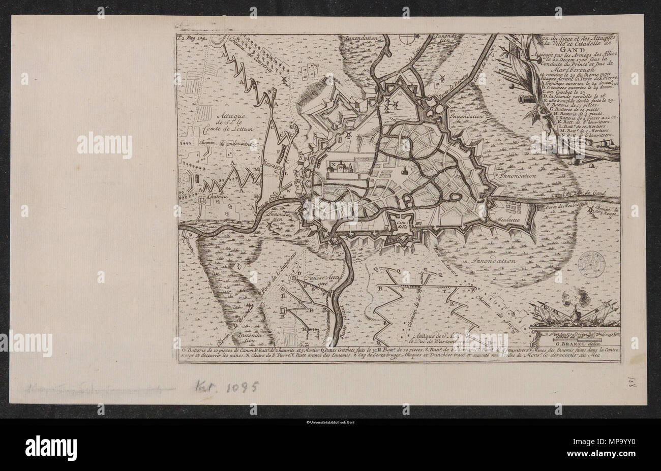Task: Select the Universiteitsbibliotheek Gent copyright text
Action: [330, 422]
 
